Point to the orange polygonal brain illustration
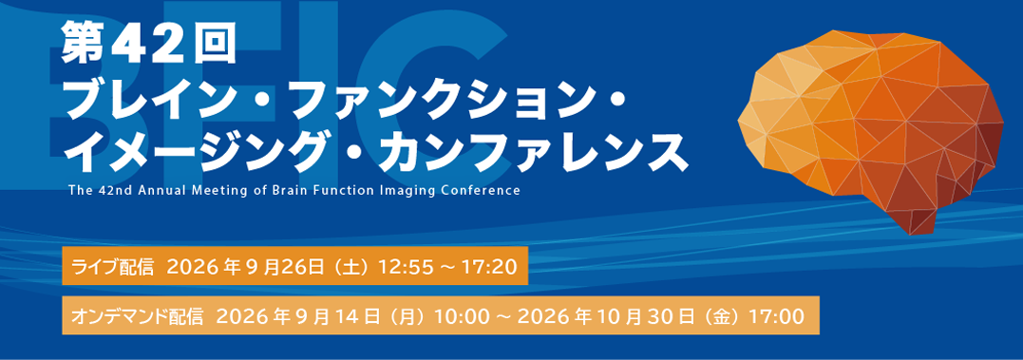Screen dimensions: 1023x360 (871, 129)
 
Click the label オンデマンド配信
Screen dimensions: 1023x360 (139, 316)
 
